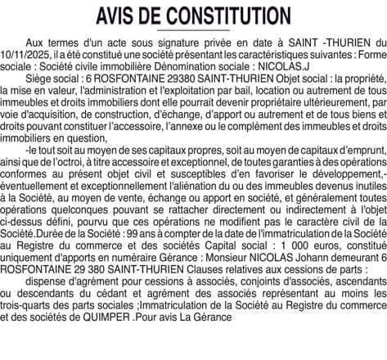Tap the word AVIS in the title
(x=119, y=16)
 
